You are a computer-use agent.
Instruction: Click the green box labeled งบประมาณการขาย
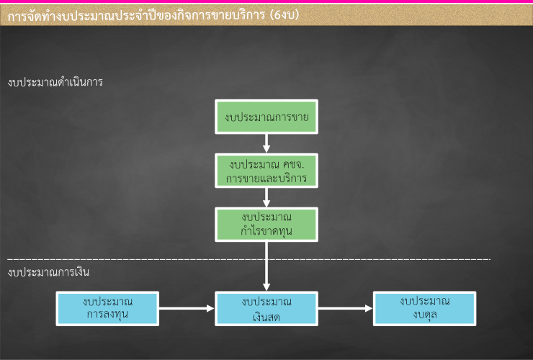pyautogui.click(x=266, y=117)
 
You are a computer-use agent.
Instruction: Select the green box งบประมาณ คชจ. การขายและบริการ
pyautogui.click(x=266, y=171)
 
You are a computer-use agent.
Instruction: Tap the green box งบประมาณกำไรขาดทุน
pyautogui.click(x=266, y=225)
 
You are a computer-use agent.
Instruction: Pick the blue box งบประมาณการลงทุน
pyautogui.click(x=107, y=308)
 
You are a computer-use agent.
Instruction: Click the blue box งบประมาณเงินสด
pyautogui.click(x=266, y=308)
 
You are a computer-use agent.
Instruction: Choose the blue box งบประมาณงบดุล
pyautogui.click(x=424, y=308)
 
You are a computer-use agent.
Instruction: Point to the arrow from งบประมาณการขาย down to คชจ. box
pyautogui.click(x=266, y=143)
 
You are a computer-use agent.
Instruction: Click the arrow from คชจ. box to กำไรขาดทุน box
pyautogui.click(x=266, y=197)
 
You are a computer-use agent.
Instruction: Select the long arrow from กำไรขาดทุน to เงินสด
pyautogui.click(x=266, y=266)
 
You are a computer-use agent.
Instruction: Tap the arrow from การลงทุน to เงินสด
pyautogui.click(x=187, y=308)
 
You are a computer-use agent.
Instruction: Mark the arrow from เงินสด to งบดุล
pyautogui.click(x=346, y=308)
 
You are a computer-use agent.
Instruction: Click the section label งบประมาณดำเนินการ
pyautogui.click(x=55, y=82)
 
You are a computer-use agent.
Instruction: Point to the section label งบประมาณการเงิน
pyautogui.click(x=48, y=272)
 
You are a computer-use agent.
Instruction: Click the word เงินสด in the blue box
pyautogui.click(x=266, y=317)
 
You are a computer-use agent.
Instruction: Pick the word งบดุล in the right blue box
pyautogui.click(x=424, y=315)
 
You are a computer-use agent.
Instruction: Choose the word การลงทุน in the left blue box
pyautogui.click(x=107, y=314)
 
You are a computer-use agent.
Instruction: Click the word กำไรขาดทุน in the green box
pyautogui.click(x=266, y=230)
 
